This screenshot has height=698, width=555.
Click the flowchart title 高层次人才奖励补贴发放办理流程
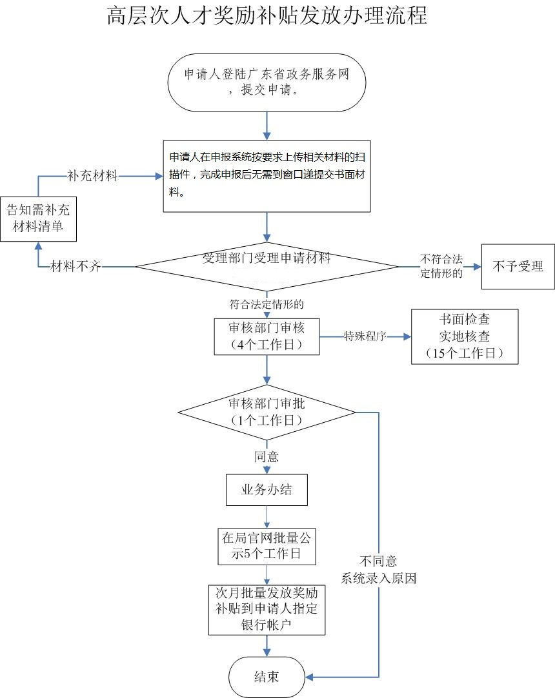click(267, 15)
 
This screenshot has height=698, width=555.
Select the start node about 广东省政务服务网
click(267, 82)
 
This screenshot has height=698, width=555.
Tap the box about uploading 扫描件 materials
click(267, 175)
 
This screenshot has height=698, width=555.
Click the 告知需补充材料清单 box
click(38, 218)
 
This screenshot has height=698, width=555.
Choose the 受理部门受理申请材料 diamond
click(267, 266)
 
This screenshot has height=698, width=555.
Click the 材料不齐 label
click(76, 267)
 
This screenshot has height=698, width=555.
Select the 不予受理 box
click(518, 266)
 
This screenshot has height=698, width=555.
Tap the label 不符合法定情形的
click(441, 266)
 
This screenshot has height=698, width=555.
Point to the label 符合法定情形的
click(266, 303)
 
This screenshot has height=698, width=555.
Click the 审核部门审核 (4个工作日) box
click(267, 336)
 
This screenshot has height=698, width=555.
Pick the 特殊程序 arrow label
click(365, 336)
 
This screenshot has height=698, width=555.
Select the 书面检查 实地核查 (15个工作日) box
click(465, 336)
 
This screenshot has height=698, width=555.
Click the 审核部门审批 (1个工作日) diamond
click(267, 412)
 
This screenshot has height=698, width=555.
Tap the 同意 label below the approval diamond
click(267, 456)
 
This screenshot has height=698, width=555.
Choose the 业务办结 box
click(267, 490)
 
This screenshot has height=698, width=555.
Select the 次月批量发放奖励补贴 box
click(267, 609)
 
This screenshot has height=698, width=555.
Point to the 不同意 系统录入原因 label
click(379, 569)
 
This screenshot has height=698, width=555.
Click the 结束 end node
click(267, 677)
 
